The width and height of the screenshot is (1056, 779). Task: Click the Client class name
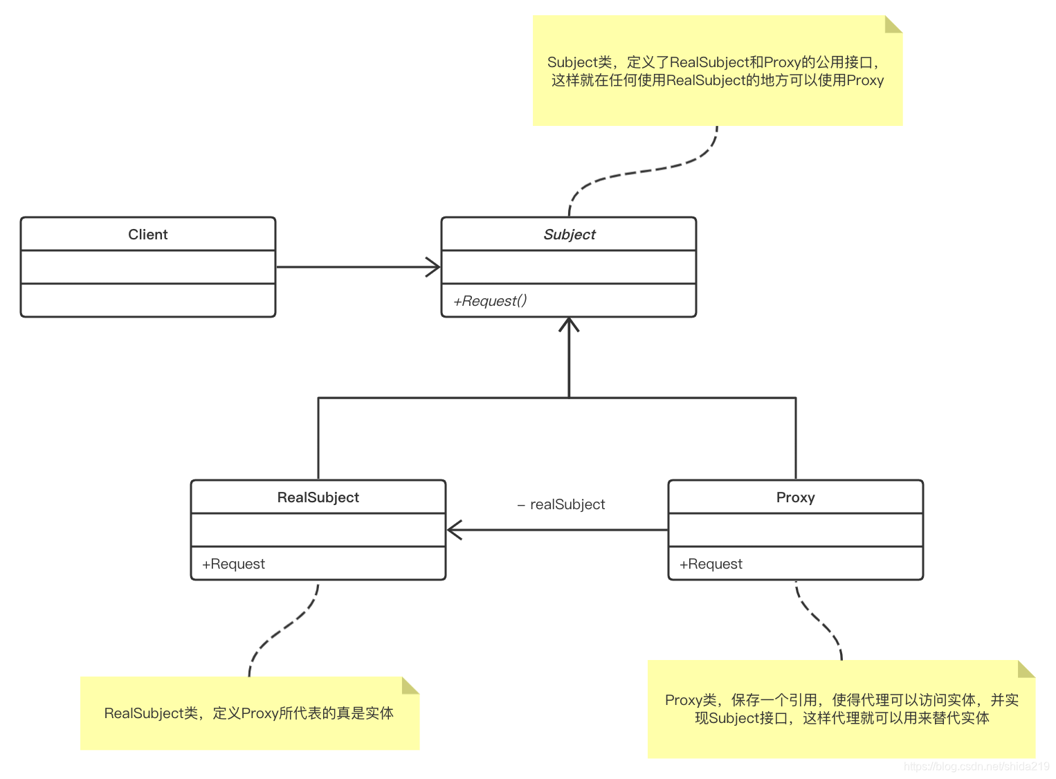click(x=147, y=235)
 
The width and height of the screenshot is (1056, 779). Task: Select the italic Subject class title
click(x=569, y=235)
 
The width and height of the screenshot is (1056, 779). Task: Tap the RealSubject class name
click(x=318, y=497)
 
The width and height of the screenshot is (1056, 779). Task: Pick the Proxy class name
click(x=795, y=497)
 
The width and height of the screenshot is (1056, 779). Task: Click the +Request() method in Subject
click(x=490, y=301)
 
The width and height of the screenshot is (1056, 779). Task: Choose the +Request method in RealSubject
click(x=233, y=564)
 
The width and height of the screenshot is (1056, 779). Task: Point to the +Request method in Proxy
click(x=711, y=564)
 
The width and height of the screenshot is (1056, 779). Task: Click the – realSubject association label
click(x=561, y=504)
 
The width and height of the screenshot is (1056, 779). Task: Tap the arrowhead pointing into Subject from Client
click(x=434, y=267)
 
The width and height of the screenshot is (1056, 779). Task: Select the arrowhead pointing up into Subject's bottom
click(x=569, y=324)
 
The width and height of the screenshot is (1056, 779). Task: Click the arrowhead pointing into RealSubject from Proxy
click(x=455, y=530)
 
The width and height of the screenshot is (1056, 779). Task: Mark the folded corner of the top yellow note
click(x=893, y=24)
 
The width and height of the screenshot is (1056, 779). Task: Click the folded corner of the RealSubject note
click(x=410, y=686)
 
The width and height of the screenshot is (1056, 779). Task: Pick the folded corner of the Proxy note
click(x=1026, y=669)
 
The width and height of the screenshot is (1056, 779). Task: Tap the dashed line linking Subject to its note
click(x=644, y=171)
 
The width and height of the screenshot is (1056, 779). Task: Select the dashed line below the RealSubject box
click(x=284, y=629)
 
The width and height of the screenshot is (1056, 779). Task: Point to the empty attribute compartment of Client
click(x=147, y=267)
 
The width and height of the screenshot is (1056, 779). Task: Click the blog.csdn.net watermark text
click(x=976, y=767)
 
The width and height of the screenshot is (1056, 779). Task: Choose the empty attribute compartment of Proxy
click(x=795, y=530)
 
